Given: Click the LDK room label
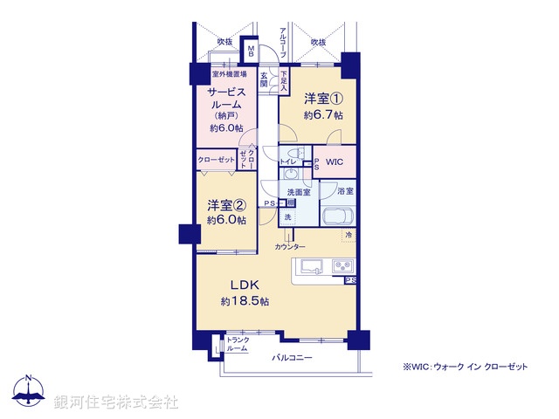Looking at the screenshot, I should pos(245,285).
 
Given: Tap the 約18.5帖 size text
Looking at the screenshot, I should pos(245,301).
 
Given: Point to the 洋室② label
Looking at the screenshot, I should pos(226,206).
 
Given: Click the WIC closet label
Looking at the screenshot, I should pos(335,162).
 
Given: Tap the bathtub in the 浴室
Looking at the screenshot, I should pos(338,216).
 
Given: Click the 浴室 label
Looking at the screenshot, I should pos(343,190).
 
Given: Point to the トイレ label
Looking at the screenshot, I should pos(287,161).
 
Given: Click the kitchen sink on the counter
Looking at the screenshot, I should pos(313,265).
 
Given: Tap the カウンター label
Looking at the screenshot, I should pos(289,248).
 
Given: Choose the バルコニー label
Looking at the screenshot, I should pos(293,358).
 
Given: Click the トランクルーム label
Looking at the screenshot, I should pos(237,344).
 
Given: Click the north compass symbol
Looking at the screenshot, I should pos(29,391).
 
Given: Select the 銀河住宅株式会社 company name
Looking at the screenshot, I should pos(116,402).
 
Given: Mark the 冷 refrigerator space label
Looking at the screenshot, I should pos(349,236).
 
